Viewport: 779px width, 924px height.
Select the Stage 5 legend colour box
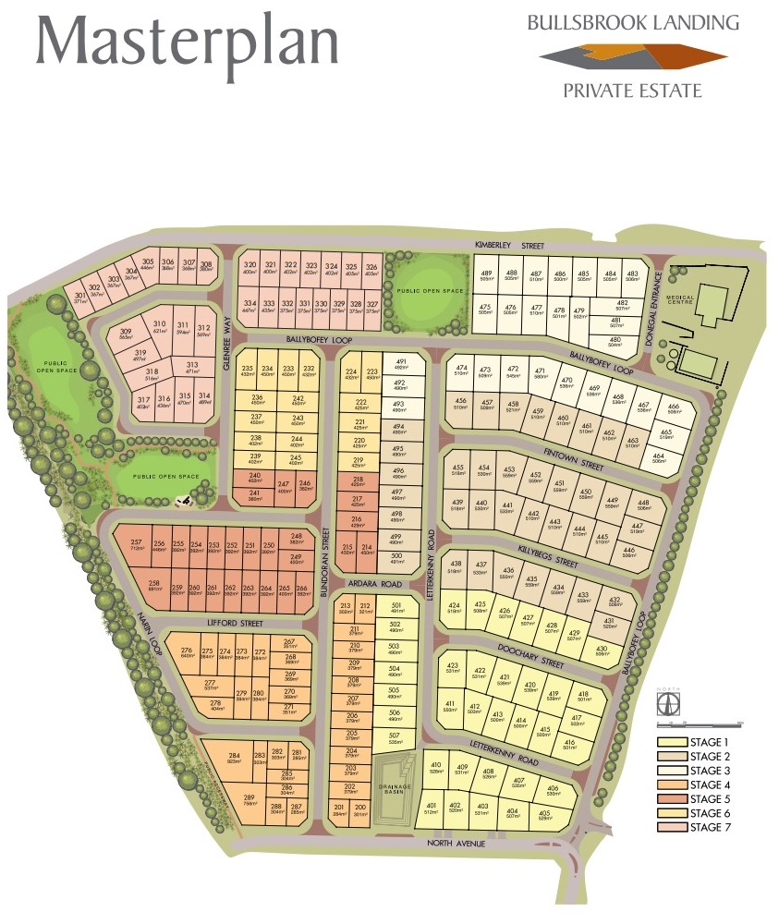coord(671,798)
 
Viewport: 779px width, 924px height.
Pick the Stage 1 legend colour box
coord(671,742)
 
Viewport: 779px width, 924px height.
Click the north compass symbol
coord(663,703)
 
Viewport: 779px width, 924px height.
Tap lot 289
coord(249,799)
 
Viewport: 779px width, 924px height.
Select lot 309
coord(127,334)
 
